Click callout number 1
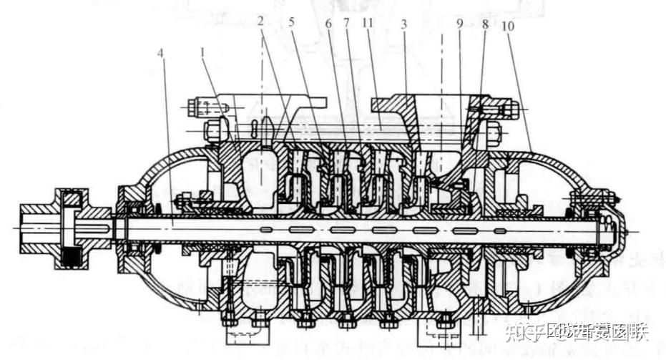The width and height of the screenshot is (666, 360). (203, 52)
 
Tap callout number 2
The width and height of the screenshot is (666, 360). (262, 21)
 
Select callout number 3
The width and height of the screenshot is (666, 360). (404, 24)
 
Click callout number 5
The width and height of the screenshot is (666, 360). (292, 21)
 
